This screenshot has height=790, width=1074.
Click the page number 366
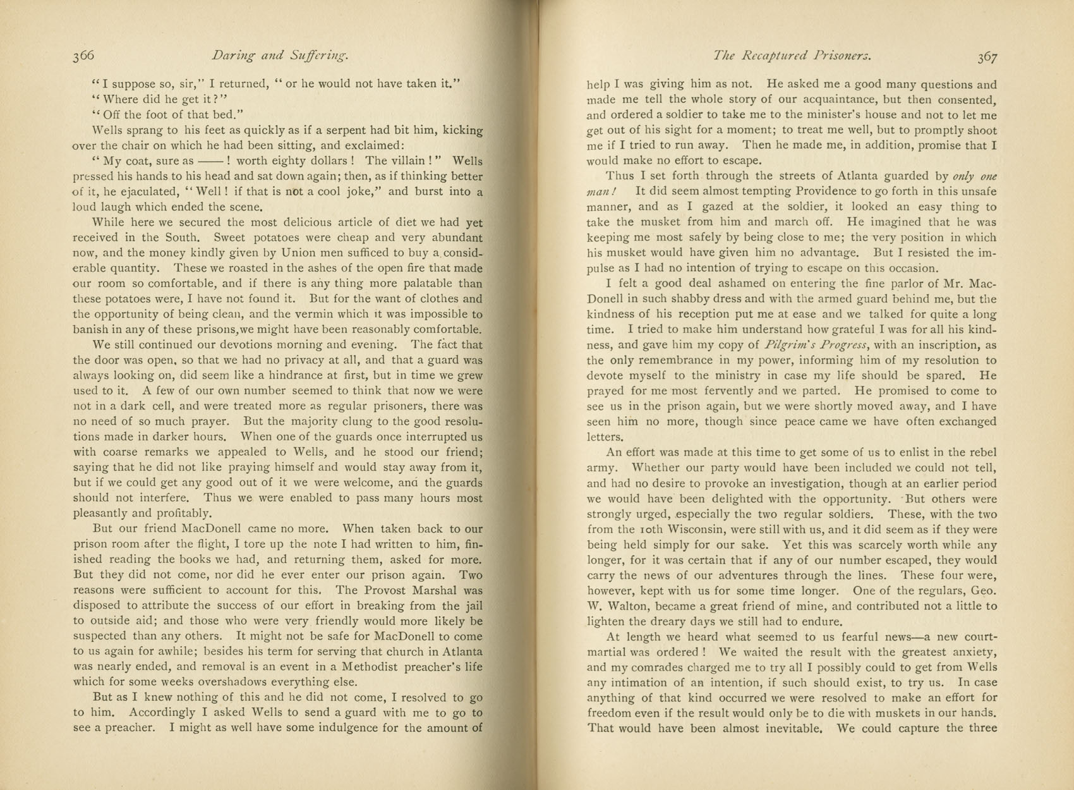(83, 56)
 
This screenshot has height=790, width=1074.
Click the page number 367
(987, 56)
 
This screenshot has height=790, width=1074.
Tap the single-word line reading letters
(605, 437)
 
